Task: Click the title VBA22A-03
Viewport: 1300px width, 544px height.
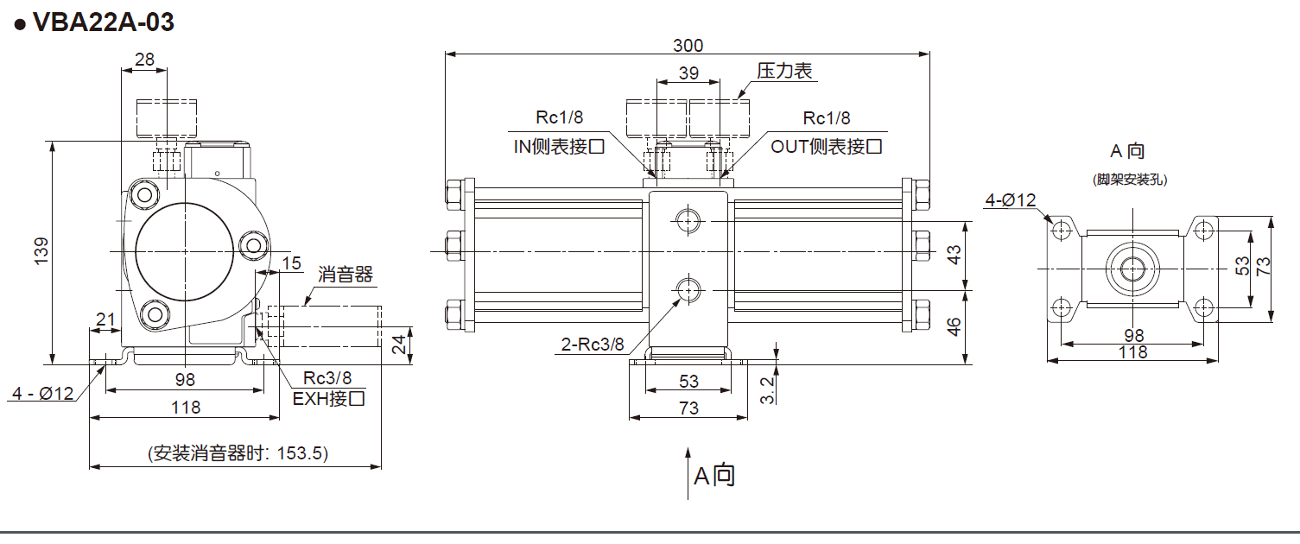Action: [102, 22]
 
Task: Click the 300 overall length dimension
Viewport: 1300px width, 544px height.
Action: [688, 45]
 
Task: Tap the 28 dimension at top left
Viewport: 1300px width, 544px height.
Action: [144, 60]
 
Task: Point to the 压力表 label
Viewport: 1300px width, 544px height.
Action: [785, 72]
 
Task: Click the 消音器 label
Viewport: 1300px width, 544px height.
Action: [345, 275]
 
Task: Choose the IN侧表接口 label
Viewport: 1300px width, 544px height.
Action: [559, 147]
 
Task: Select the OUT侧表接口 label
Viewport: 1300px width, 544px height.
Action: [827, 147]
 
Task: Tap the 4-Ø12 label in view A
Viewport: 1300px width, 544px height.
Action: [1011, 201]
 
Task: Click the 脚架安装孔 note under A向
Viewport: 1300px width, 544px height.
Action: [1130, 180]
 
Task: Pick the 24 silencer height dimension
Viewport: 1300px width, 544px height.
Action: [398, 345]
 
